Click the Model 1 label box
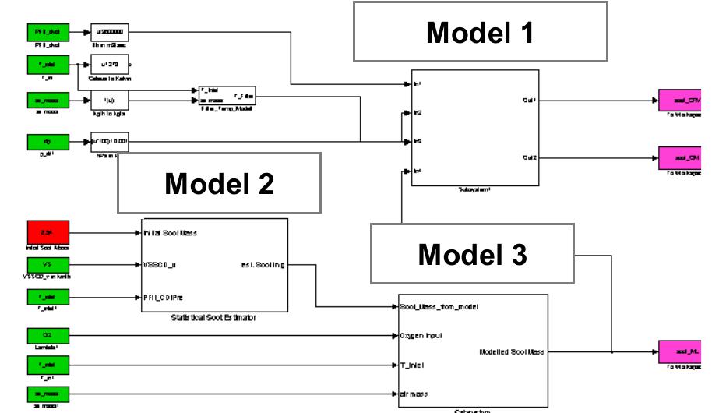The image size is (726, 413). click(480, 32)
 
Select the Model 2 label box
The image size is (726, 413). click(219, 183)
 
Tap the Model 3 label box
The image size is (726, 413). click(471, 254)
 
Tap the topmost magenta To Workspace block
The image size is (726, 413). click(680, 101)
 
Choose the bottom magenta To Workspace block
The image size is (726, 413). click(680, 351)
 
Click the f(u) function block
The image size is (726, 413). click(109, 100)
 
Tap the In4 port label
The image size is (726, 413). click(418, 171)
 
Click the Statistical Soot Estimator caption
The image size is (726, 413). click(214, 318)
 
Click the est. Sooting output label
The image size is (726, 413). click(263, 265)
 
